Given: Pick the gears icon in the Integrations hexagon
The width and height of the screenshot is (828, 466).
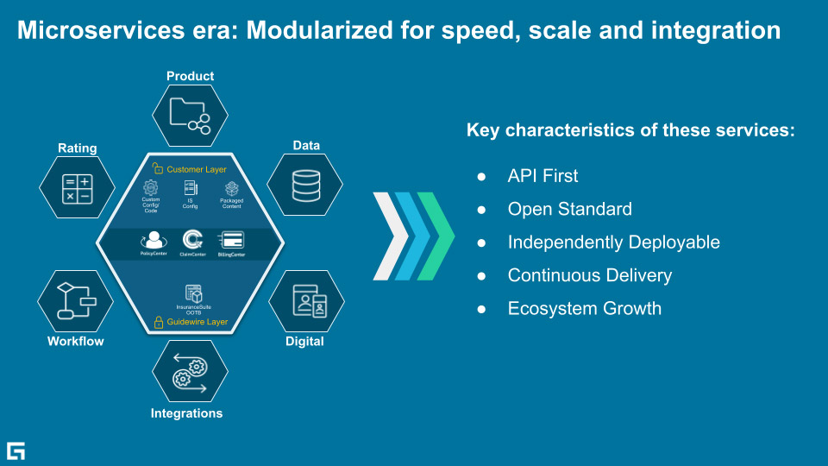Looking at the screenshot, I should pos(190,372).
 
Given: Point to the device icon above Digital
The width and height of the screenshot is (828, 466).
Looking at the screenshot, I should pos(307,299).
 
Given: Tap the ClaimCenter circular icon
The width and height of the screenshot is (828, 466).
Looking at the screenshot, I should pos(192,239).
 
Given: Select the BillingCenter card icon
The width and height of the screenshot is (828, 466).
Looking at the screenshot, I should pos(231,239).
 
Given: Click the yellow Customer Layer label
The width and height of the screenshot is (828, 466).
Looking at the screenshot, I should pos(197,169).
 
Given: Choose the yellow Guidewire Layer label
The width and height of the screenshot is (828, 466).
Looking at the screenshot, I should pos(197,322).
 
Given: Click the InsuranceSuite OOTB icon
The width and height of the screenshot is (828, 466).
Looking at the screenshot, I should pos(193,293).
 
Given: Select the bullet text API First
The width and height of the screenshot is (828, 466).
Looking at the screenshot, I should pos(543,176).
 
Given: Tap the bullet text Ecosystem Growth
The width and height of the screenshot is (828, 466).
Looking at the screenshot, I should pos(584,308).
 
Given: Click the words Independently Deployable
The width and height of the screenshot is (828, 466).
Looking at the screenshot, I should pos(613,242).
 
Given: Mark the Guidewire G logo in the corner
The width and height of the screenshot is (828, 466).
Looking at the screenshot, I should pos(16,450).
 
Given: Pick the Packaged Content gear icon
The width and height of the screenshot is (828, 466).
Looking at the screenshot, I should pos(231,188).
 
